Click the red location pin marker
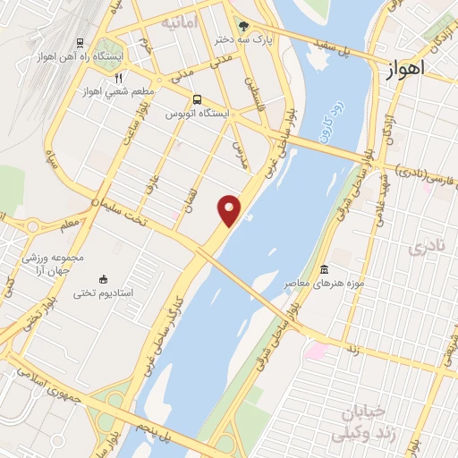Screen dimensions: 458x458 (x=230, y=210)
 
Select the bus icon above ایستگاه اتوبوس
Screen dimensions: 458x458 (x=197, y=100)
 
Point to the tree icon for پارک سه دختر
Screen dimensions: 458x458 (x=245, y=26)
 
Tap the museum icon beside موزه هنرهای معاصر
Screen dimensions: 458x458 (x=324, y=270)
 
